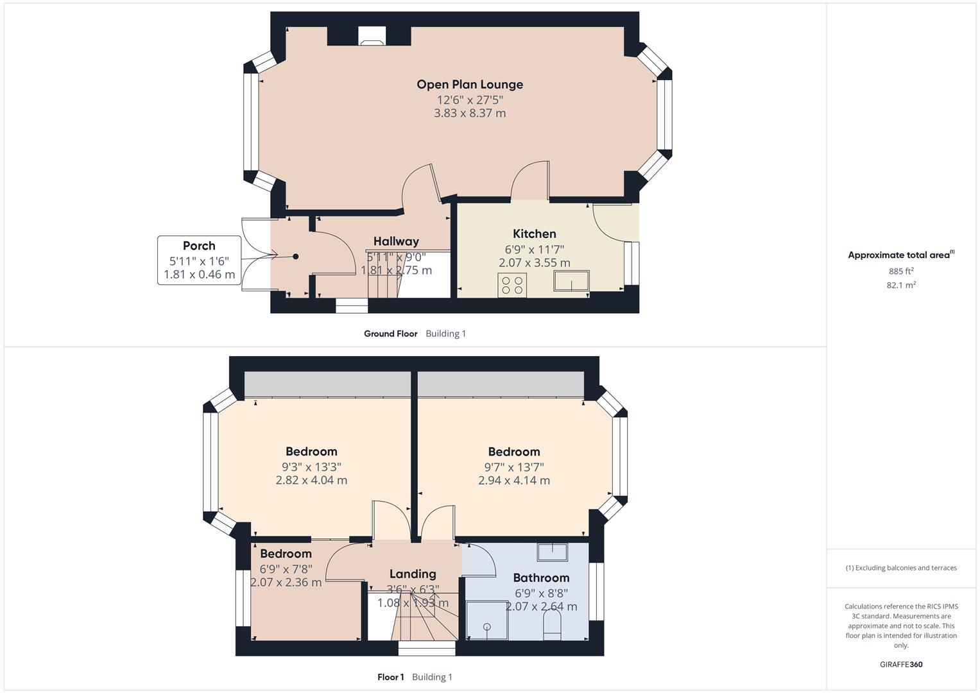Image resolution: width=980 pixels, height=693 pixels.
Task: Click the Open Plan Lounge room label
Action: (470, 84)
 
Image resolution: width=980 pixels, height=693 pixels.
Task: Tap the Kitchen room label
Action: (534, 234)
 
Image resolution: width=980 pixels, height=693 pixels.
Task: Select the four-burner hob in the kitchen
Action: (512, 285)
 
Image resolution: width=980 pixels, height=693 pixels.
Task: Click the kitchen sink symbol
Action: (571, 281)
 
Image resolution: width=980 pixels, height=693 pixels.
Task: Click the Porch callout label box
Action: (199, 260)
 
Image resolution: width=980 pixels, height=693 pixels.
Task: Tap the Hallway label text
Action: (396, 241)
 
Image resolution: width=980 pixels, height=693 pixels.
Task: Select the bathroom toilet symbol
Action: (552, 625)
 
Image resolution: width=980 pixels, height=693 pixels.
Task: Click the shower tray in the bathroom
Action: (486, 620)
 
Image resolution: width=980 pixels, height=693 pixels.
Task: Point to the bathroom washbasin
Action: (552, 551)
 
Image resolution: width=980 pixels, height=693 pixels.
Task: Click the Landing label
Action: (413, 574)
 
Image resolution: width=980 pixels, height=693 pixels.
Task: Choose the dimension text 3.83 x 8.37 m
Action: (470, 113)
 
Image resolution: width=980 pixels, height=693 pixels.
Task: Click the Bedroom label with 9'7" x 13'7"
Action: (513, 452)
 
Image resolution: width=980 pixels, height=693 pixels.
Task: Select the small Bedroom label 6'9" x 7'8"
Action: (286, 554)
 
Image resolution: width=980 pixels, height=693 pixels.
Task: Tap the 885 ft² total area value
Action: (901, 271)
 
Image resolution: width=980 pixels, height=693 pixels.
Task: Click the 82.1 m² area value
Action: (901, 285)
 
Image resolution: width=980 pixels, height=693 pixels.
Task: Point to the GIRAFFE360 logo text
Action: (901, 664)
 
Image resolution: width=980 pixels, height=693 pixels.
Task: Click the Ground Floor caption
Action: (390, 334)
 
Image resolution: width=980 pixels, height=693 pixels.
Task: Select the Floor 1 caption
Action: (390, 677)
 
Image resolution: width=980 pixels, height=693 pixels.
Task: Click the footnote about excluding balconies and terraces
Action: (901, 568)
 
